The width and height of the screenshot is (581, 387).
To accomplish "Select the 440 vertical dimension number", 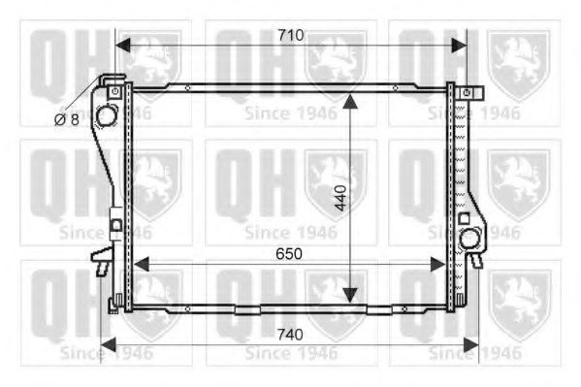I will [x=338, y=200].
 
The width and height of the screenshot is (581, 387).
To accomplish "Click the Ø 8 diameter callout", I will [x=65, y=119].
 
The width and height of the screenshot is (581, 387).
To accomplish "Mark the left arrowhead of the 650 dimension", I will [x=140, y=264].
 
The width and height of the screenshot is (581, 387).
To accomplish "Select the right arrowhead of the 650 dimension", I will [x=440, y=264].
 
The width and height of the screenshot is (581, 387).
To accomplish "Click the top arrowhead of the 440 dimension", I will [x=350, y=99].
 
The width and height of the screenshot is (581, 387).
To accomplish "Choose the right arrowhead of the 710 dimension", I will [x=458, y=45].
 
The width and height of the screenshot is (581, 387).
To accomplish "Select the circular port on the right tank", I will [x=470, y=238].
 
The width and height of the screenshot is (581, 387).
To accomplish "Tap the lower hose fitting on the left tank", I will [x=100, y=259].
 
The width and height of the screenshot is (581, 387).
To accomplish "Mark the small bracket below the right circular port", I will [x=474, y=259].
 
